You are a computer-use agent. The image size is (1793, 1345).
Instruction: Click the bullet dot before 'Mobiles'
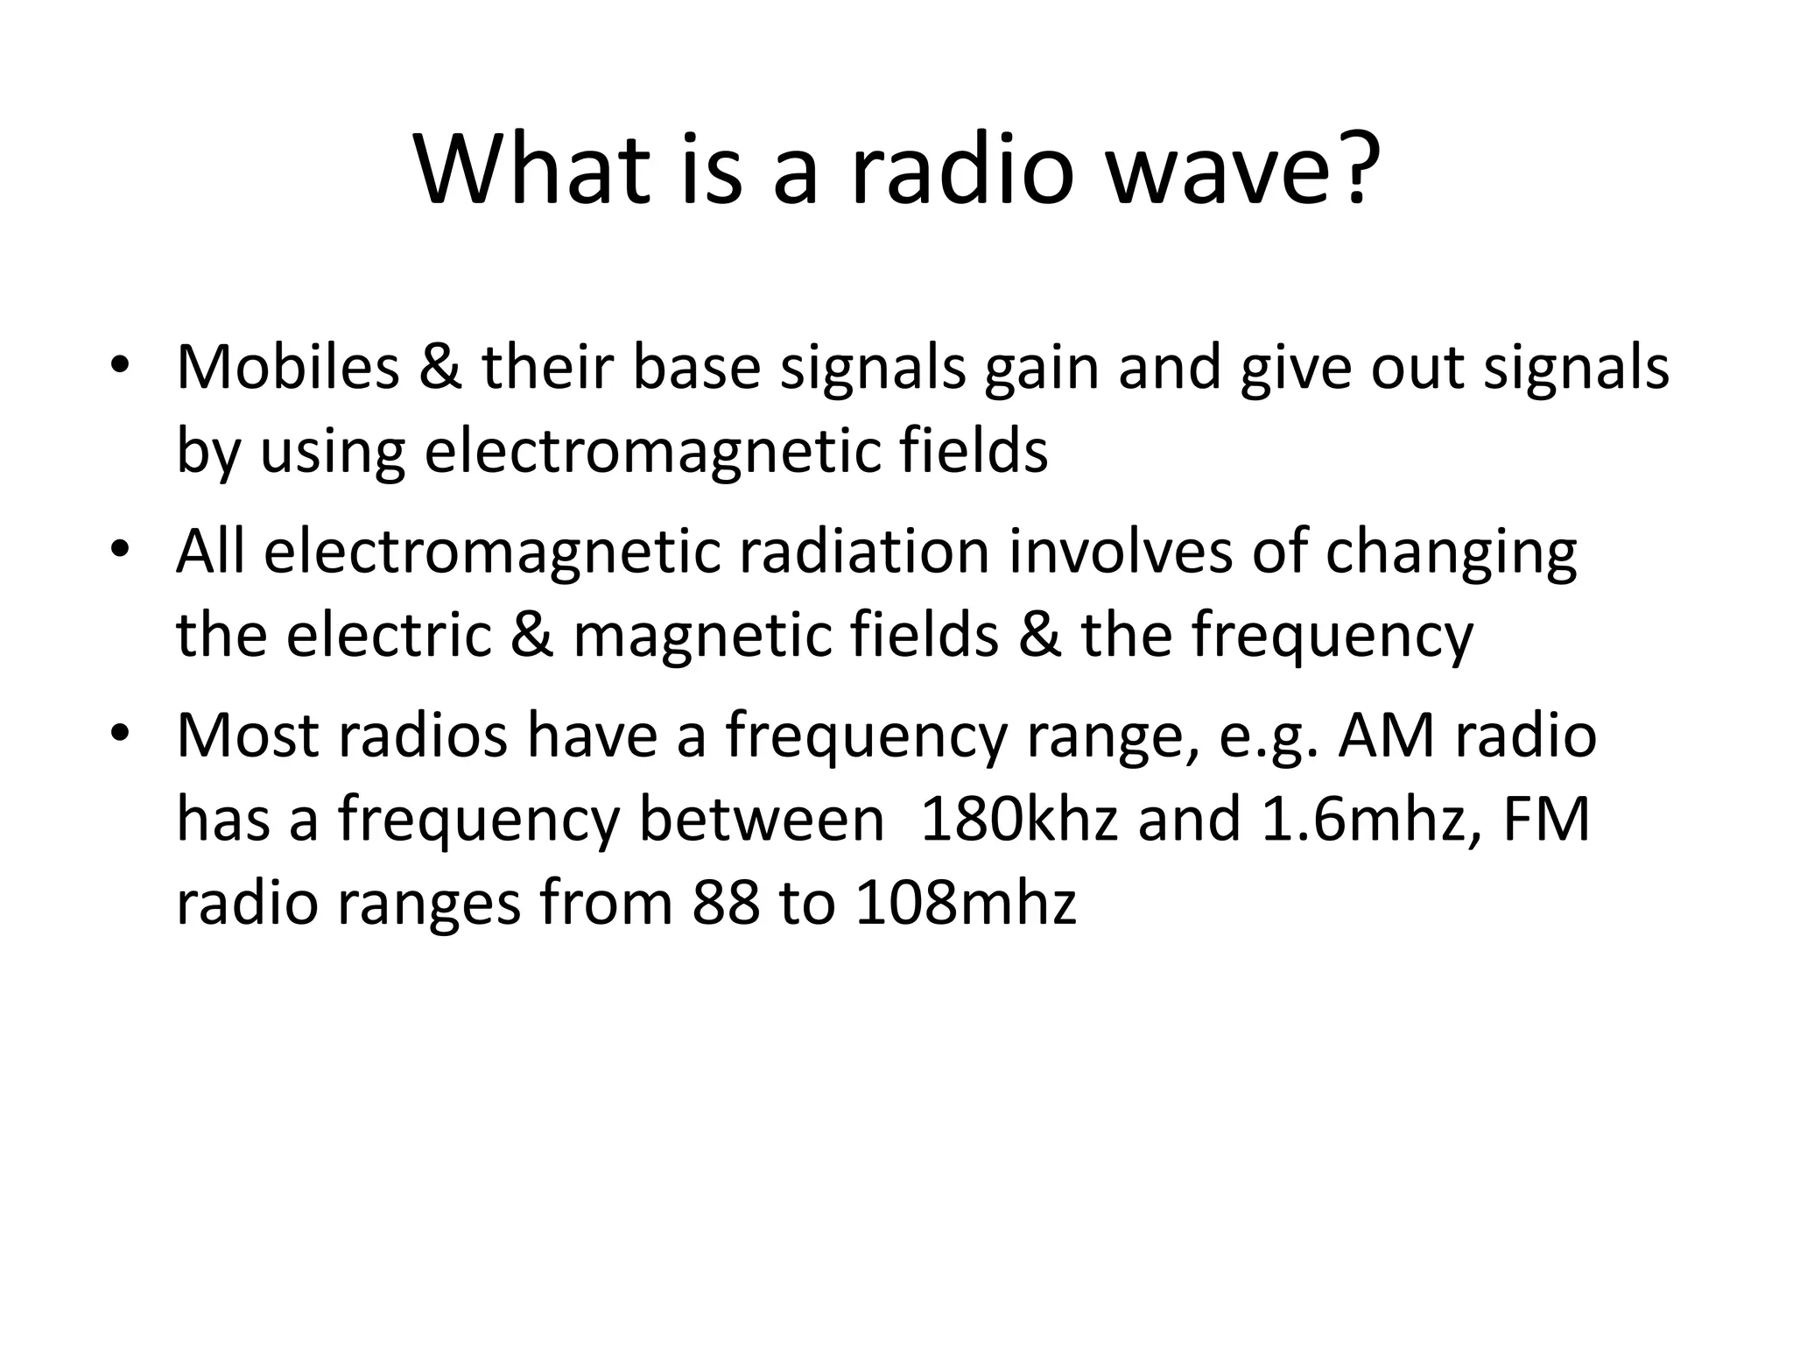click(x=120, y=366)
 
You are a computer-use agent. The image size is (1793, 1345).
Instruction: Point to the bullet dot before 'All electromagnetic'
click(x=120, y=552)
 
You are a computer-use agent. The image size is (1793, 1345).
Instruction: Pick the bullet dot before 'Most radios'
click(x=120, y=736)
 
